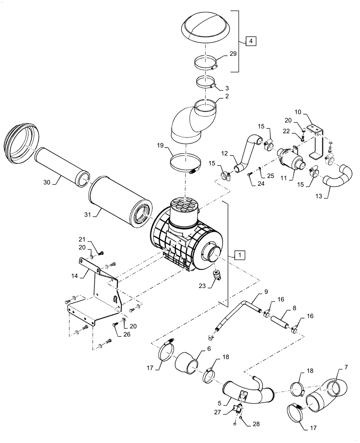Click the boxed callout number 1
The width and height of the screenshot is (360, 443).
238,255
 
